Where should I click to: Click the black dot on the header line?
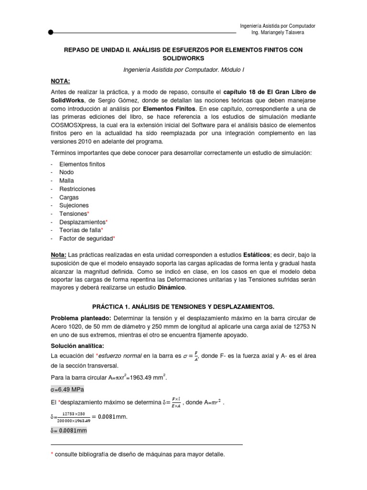(51, 33)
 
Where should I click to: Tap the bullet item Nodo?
(67, 172)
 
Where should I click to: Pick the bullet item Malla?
(66, 180)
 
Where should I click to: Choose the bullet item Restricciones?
(77, 189)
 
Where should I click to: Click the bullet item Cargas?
(69, 197)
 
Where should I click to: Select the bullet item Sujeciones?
(74, 205)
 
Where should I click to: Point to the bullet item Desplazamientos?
(82, 222)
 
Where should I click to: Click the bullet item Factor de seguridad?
(86, 238)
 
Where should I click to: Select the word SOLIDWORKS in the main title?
(183, 58)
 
